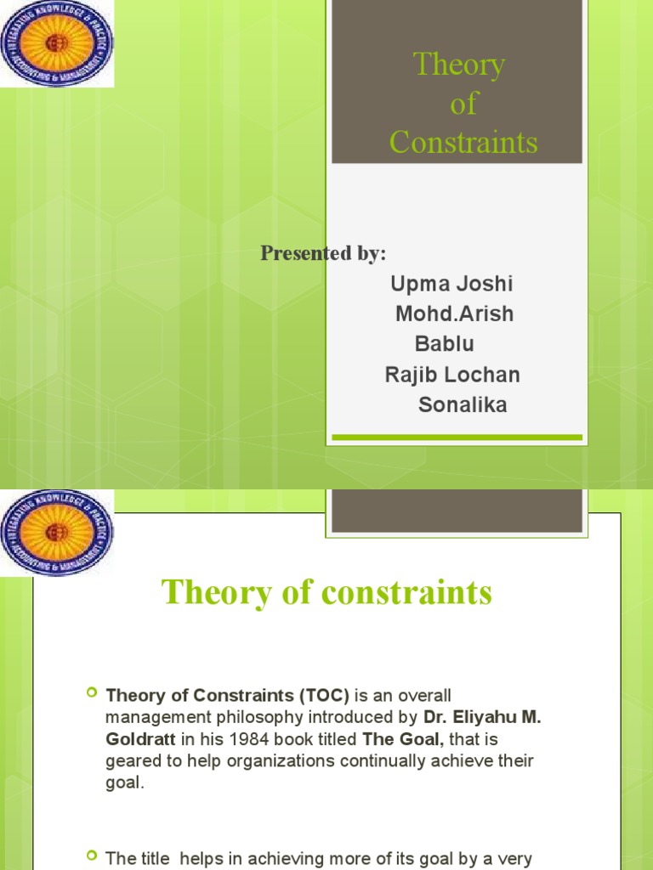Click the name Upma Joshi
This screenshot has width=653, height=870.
[x=451, y=284]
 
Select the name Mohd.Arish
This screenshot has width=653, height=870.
[x=455, y=314]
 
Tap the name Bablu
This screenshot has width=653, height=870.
[x=444, y=344]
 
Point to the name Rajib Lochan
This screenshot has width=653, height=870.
[x=452, y=375]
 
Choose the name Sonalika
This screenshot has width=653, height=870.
[x=463, y=405]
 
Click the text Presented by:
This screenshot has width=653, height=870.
[x=323, y=253]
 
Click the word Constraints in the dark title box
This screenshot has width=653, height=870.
[x=463, y=142]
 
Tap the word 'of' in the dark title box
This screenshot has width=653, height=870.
[x=463, y=104]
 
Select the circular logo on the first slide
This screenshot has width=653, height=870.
[x=57, y=42]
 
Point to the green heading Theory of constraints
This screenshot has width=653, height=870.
[x=326, y=592]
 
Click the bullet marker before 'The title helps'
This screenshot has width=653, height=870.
[x=93, y=857]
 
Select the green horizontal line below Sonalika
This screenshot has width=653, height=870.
[x=457, y=438]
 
